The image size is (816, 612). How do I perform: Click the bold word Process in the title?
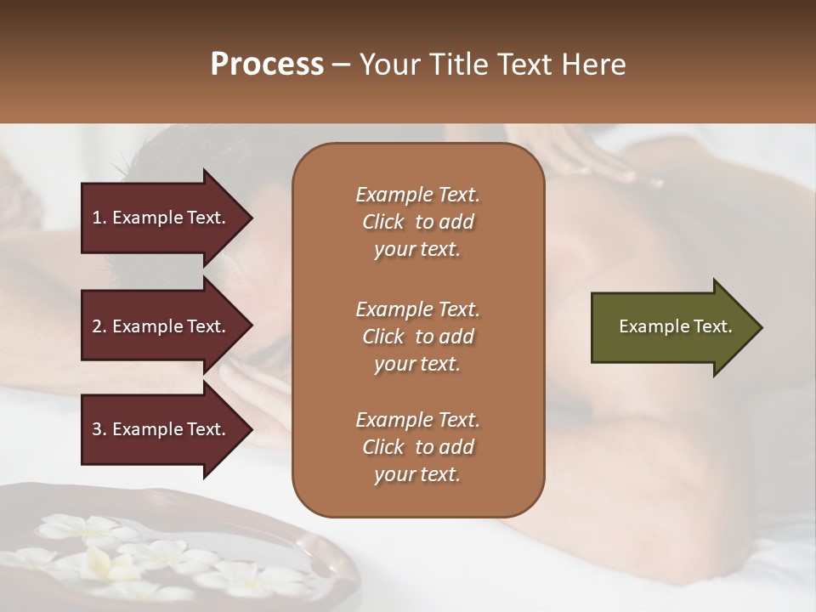click(x=267, y=65)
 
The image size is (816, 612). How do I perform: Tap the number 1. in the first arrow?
click(x=99, y=218)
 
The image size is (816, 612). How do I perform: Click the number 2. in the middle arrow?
click(x=99, y=326)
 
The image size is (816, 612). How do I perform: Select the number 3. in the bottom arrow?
click(x=99, y=429)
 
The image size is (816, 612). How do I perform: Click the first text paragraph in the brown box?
click(x=417, y=222)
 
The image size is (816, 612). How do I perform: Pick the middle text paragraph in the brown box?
click(x=417, y=337)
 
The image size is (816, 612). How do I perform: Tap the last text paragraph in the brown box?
click(x=417, y=447)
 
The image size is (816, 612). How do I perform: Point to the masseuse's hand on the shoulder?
click(x=595, y=161)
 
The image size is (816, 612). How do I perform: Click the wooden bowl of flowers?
click(x=170, y=552)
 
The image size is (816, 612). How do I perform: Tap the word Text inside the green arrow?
click(x=714, y=326)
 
